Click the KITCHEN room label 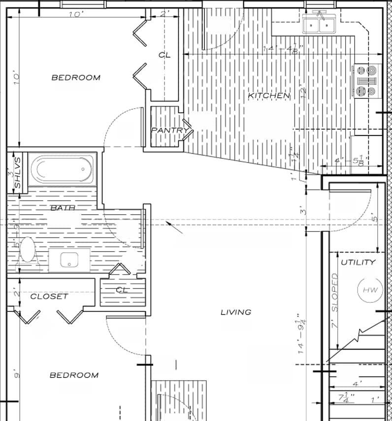point(268,95)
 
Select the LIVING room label point(235,312)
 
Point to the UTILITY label point(358,262)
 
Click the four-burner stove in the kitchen point(367,80)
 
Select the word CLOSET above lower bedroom point(49,296)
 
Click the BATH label point(63,208)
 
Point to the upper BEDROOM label point(76,77)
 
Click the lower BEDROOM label point(74,375)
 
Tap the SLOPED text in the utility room point(335,292)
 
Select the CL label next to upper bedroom point(164,55)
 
